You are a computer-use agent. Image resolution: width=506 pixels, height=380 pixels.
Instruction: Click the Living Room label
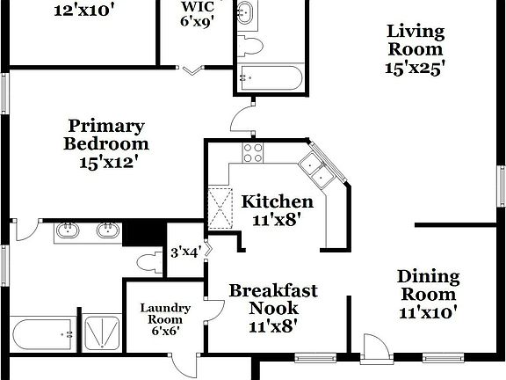pyautogui.click(x=416, y=50)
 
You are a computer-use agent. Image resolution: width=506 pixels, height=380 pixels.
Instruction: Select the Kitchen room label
pyautogui.click(x=278, y=209)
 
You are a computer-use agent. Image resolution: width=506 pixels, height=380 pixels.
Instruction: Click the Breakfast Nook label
pyautogui.click(x=272, y=308)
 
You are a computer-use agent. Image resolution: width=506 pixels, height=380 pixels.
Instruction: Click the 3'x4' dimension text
pyautogui.click(x=185, y=252)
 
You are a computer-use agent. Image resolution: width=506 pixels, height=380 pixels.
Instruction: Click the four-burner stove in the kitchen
pyautogui.click(x=253, y=153)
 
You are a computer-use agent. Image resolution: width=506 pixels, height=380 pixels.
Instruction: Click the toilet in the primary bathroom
pyautogui.click(x=152, y=261)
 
